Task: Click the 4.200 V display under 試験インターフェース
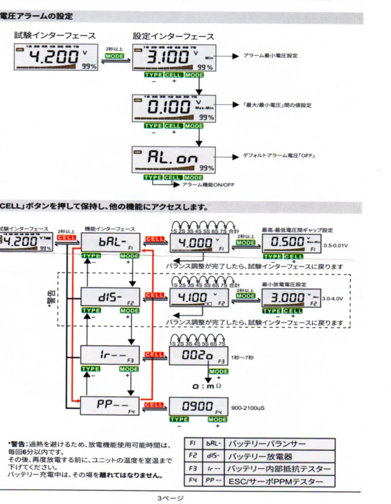click(56, 57)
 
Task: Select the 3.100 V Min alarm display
click(174, 58)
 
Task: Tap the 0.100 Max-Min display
click(174, 108)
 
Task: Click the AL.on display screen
click(174, 159)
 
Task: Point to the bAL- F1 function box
click(111, 242)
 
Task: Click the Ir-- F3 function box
click(110, 355)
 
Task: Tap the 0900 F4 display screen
click(198, 406)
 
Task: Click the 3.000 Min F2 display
click(291, 298)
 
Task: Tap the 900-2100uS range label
click(248, 408)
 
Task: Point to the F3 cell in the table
click(193, 469)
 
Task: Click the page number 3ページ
click(171, 498)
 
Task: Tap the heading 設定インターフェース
click(173, 37)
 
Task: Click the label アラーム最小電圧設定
click(270, 56)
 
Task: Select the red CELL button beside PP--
click(154, 405)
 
